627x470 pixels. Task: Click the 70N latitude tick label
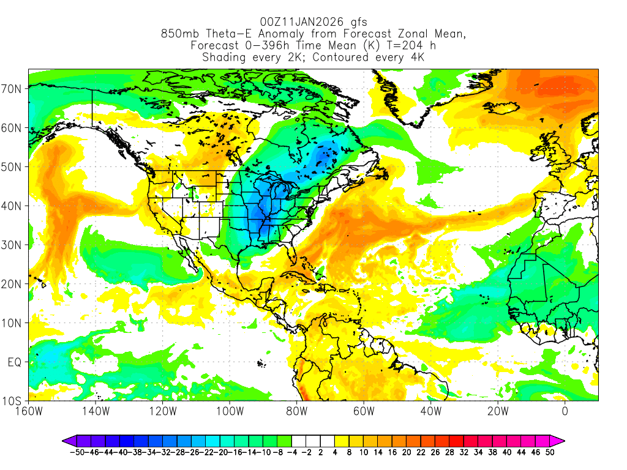[x=13, y=88]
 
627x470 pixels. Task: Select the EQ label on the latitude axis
[x=15, y=362]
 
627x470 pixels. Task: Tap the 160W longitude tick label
[x=29, y=411]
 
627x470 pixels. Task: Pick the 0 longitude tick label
[x=565, y=411]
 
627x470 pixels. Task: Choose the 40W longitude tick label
[x=430, y=411]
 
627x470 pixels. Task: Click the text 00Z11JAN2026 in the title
[x=296, y=23]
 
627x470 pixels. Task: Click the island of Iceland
[x=500, y=110]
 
